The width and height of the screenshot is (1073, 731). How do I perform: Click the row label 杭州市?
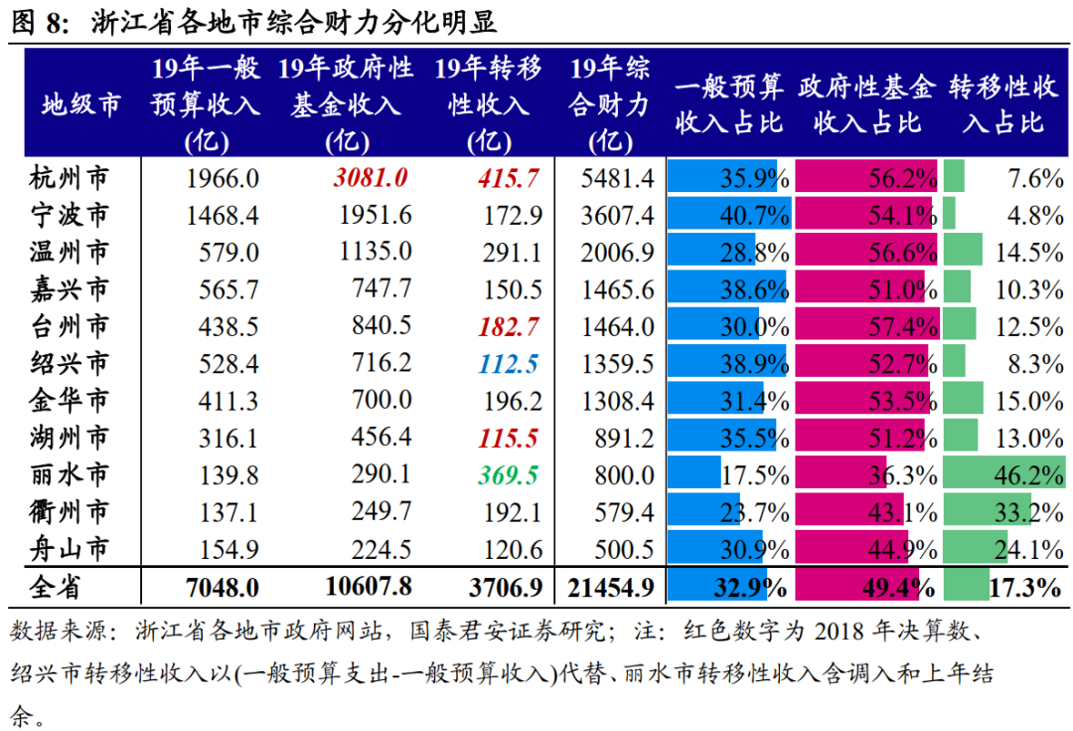click(69, 179)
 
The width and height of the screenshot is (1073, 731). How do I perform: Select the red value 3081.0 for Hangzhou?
click(370, 179)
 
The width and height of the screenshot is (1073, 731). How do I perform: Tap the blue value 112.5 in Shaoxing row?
click(509, 363)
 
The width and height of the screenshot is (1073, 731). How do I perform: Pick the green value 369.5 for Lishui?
click(509, 474)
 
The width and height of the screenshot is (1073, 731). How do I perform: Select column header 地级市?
click(80, 102)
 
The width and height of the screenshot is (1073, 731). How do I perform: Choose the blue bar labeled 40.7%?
click(730, 216)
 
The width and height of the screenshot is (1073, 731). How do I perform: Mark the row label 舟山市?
click(69, 548)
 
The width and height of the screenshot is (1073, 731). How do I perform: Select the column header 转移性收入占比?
click(1003, 103)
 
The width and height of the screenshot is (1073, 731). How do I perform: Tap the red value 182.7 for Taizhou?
click(509, 326)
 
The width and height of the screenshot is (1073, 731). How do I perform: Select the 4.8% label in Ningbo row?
click(1035, 216)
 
